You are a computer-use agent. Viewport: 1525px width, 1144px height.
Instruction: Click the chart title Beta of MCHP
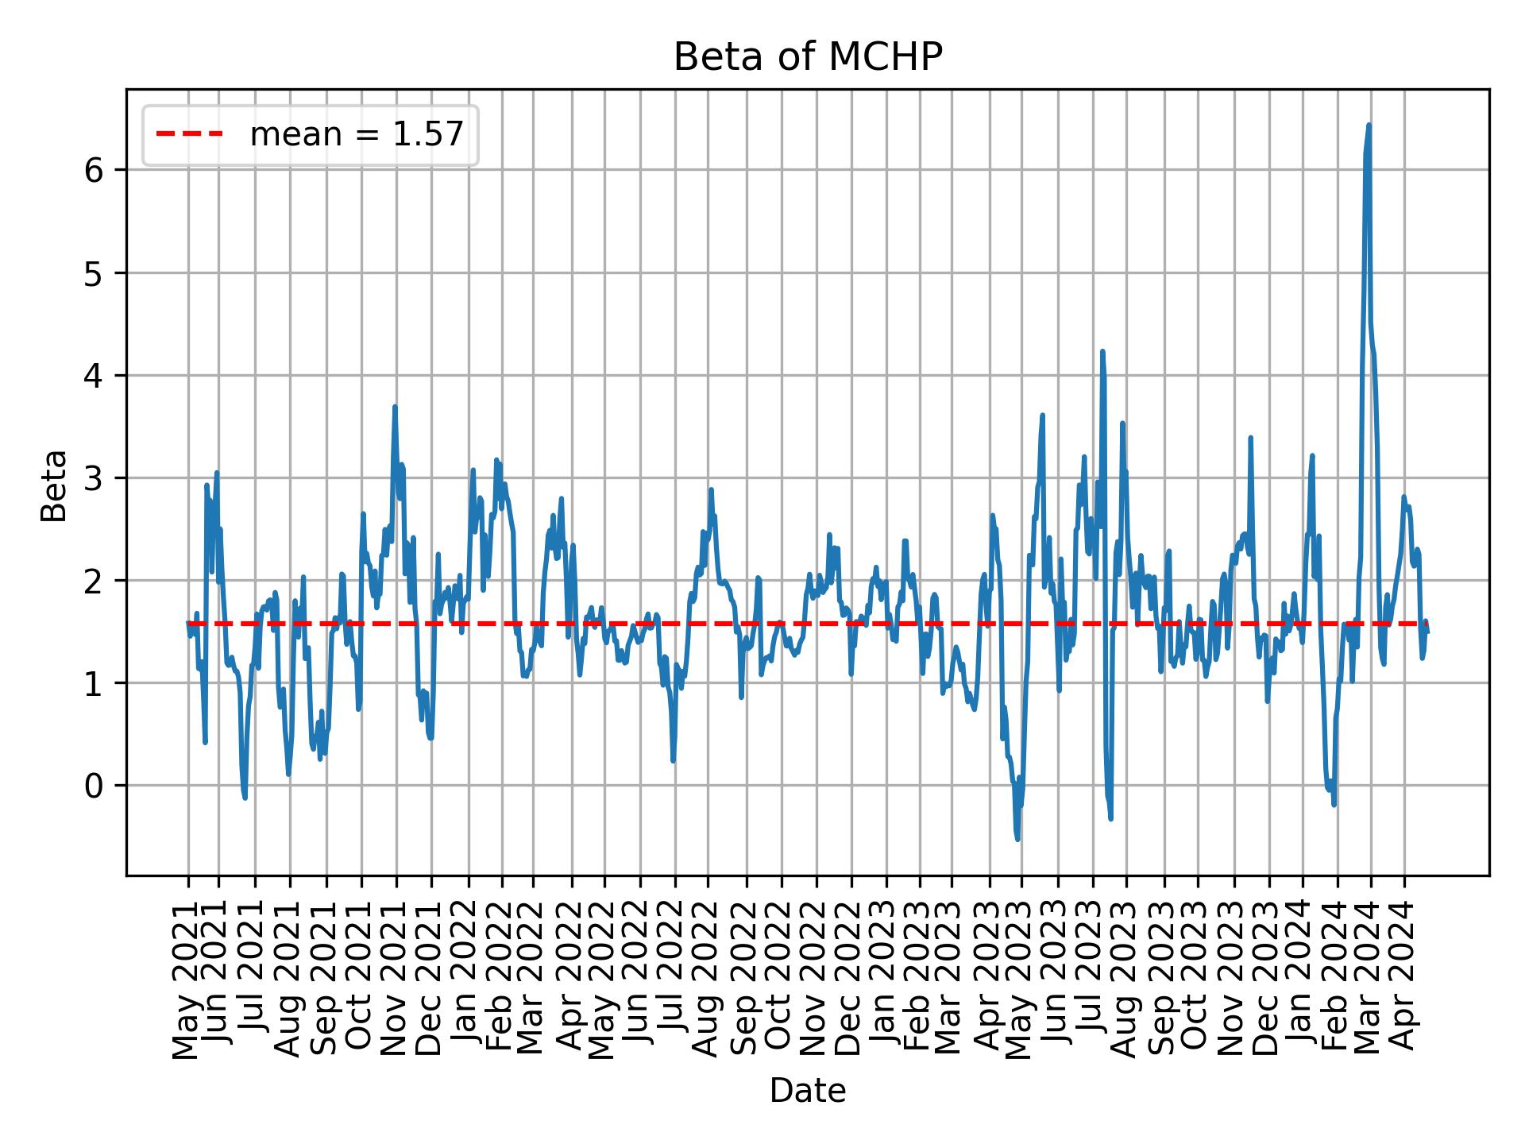pos(807,57)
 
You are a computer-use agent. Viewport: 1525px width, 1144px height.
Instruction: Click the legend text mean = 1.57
pos(356,135)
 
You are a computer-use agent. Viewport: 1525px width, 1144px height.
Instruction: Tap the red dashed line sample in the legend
pos(189,135)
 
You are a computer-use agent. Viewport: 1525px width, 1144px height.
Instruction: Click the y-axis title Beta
pos(54,485)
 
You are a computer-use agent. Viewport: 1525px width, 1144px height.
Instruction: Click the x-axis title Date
pos(807,1092)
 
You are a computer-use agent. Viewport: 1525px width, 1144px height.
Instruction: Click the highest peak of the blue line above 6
pos(1369,125)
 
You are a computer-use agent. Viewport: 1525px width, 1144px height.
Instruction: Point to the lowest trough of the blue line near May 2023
pos(1017,839)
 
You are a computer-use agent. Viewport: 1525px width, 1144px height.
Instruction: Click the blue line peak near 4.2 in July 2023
pos(1102,351)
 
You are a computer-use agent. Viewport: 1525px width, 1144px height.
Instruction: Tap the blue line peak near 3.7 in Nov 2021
pos(395,407)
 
